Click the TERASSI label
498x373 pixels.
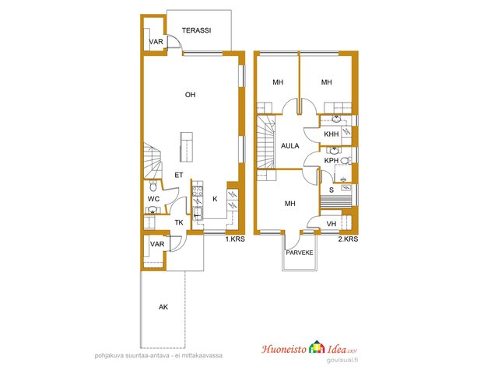196,30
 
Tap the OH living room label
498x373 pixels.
190,95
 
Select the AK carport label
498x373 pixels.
163,307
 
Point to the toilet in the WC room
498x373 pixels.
153,186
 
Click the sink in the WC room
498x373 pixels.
153,210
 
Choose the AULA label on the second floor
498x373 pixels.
290,146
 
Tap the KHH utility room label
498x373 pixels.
331,134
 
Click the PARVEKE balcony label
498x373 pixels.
300,253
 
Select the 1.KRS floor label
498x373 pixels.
235,239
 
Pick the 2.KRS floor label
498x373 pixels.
348,239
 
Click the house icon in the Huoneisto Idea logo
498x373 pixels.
317,347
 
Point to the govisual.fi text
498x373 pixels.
342,360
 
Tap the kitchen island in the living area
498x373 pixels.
187,147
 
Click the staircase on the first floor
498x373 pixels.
153,161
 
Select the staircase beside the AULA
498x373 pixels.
266,141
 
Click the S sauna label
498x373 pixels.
331,190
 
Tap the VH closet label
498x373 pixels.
331,224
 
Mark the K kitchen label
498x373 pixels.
215,199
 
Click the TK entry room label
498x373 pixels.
179,223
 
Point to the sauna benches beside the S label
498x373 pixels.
338,201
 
